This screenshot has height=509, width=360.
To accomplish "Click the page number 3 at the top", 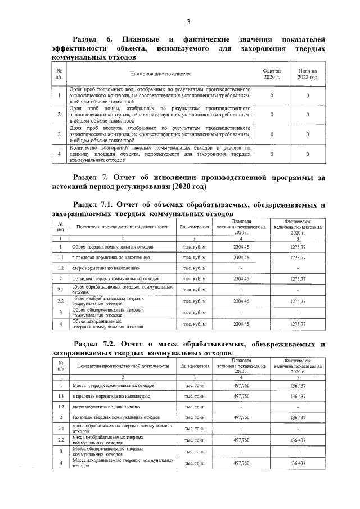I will coord(188,22).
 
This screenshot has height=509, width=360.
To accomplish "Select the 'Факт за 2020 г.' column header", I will coord(272,74).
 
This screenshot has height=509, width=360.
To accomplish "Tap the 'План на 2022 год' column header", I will coord(307,74).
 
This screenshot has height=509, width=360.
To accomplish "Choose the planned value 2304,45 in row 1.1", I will coord(241,258).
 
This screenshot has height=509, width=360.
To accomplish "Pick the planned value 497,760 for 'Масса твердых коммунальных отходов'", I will coord(241,386).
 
